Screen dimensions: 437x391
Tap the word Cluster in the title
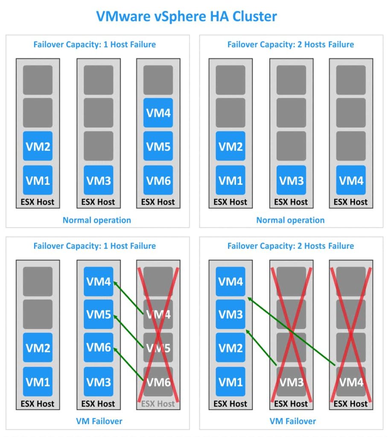[x=253, y=16]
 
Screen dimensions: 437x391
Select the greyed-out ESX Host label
[x=158, y=403]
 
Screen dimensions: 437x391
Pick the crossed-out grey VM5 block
[x=158, y=348]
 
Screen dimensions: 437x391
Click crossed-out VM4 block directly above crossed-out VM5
[x=158, y=315]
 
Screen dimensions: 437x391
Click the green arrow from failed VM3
[x=261, y=348]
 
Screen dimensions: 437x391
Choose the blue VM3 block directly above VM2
[x=231, y=315]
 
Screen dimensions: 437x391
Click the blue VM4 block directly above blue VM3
[x=231, y=282]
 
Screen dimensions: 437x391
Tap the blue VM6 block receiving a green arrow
[x=99, y=348]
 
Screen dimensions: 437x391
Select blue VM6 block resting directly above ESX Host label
[x=158, y=180]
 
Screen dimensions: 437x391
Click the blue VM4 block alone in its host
[x=351, y=180]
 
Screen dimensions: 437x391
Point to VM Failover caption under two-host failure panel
[x=292, y=421]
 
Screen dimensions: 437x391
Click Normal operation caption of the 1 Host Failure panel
[x=97, y=220]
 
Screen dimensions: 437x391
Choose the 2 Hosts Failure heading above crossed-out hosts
[x=290, y=246]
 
